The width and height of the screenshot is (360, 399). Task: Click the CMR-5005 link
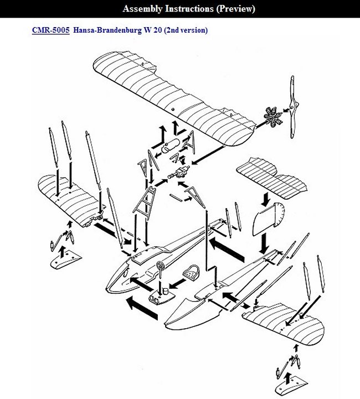tap(50, 30)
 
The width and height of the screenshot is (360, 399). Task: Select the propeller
tap(293, 107)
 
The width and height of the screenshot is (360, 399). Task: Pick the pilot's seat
tap(191, 273)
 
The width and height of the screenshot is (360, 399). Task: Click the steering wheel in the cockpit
tap(161, 266)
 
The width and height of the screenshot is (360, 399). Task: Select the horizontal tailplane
tap(271, 178)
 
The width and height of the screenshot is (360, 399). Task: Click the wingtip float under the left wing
tap(66, 260)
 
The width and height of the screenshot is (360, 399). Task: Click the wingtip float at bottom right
tap(291, 385)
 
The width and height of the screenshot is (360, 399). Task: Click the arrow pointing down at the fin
tap(266, 199)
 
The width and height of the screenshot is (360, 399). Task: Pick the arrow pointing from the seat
tap(177, 284)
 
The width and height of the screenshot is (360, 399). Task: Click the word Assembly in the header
tap(142, 9)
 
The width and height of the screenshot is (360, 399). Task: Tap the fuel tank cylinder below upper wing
tap(170, 146)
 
